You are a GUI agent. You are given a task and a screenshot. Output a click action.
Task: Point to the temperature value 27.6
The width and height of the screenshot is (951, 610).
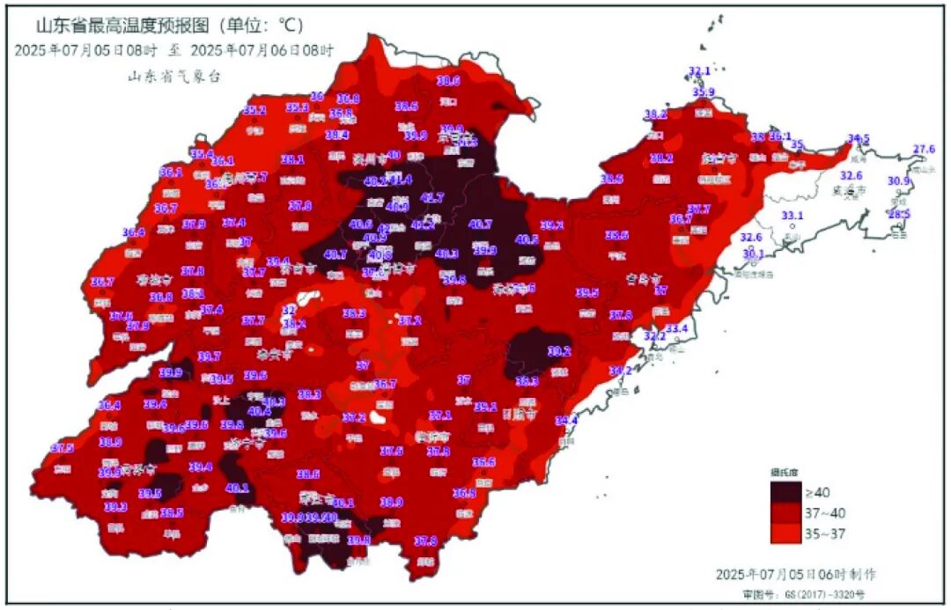pyautogui.click(x=924, y=149)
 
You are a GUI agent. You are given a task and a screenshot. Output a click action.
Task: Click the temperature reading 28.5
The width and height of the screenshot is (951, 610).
pyautogui.click(x=899, y=214)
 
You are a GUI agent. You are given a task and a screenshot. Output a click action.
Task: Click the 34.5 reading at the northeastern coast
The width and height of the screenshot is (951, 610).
pyautogui.click(x=859, y=139)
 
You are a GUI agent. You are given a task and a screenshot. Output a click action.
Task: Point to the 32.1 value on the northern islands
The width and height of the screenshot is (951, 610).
pyautogui.click(x=699, y=70)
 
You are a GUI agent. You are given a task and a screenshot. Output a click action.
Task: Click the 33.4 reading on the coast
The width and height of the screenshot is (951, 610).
pyautogui.click(x=676, y=328)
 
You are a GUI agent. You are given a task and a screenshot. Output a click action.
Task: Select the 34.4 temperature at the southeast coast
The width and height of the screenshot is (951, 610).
pyautogui.click(x=565, y=420)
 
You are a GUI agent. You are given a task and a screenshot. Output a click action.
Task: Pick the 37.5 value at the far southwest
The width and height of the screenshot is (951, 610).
pyautogui.click(x=63, y=448)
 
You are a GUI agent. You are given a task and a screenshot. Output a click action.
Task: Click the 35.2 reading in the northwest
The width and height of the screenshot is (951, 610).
pyautogui.click(x=254, y=110)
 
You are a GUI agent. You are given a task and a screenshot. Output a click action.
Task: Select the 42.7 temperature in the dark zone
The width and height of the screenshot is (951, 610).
pyautogui.click(x=432, y=197)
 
